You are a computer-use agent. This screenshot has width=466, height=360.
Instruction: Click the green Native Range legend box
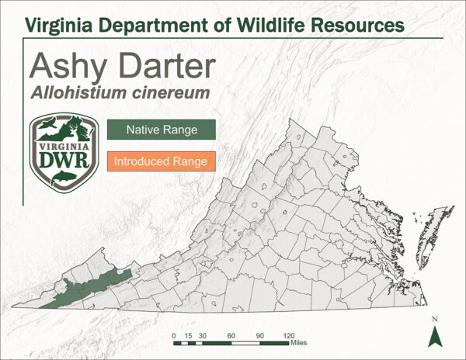point(162,129)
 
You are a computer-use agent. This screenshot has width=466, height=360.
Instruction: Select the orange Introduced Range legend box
point(161,162)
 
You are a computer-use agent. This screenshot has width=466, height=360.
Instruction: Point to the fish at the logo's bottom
point(62,178)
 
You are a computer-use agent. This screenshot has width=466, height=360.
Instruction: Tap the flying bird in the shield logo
point(47,126)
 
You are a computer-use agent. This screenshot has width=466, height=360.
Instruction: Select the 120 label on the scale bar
point(288,334)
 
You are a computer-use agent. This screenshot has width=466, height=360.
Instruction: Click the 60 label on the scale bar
point(231,334)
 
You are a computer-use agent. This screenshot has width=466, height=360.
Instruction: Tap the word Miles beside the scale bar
point(301,341)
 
